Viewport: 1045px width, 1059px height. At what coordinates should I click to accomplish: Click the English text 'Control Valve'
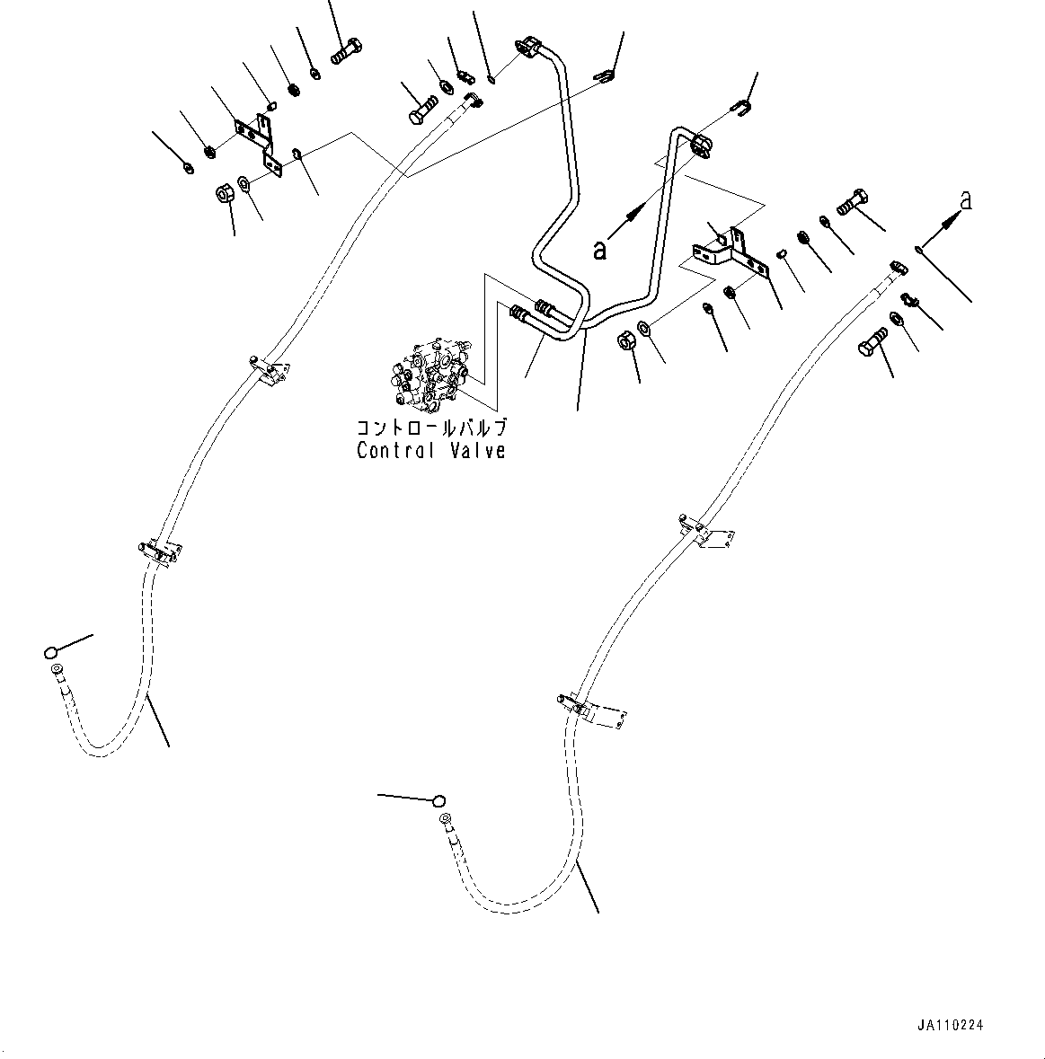coord(431,451)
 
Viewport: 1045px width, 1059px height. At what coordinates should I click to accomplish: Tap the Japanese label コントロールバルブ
coord(431,428)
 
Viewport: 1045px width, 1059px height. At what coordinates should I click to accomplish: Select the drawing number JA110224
coord(950,1025)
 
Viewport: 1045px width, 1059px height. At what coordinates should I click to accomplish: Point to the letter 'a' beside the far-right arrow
coord(966,200)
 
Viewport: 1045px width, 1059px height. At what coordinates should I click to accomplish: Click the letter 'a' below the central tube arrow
coord(599,250)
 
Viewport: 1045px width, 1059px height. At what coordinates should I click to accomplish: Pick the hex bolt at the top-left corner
coord(347,51)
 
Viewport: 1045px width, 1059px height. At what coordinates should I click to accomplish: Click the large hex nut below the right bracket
coord(624,340)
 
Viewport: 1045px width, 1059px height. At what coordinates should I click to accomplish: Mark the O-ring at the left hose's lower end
coord(50,652)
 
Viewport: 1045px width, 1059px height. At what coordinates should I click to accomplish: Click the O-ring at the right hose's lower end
coord(439,801)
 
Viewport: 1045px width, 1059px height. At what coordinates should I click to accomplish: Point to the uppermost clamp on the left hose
coord(268,369)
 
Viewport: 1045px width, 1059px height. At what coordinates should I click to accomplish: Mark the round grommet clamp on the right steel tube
coord(700,146)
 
